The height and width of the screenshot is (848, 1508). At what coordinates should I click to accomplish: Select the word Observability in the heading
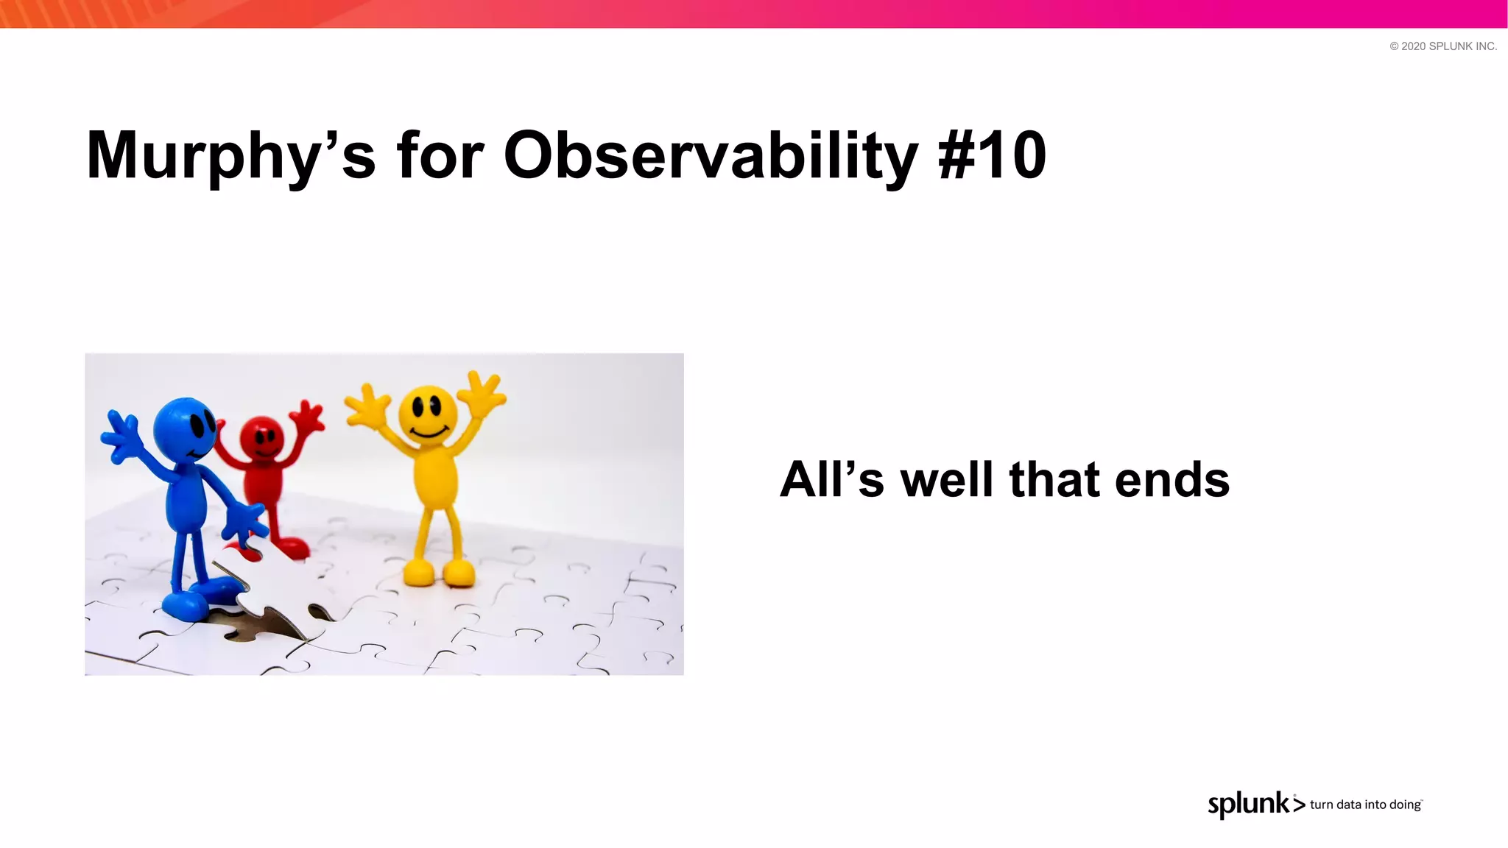click(x=711, y=156)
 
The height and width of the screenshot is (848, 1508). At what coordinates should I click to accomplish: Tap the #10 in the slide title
click(x=993, y=156)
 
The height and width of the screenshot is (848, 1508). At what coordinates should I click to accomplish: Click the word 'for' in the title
click(x=440, y=156)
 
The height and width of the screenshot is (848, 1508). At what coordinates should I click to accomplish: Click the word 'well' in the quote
click(x=947, y=479)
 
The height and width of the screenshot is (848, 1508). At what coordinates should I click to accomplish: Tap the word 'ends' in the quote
click(x=1172, y=479)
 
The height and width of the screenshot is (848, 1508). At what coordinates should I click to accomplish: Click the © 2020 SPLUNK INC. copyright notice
click(x=1442, y=46)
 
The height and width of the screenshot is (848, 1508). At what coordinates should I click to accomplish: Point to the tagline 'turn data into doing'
click(x=1365, y=805)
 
